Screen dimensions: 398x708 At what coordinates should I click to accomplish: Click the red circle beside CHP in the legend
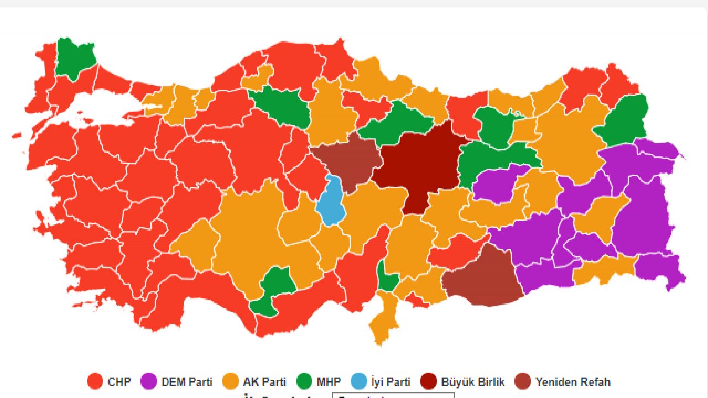(x=96, y=381)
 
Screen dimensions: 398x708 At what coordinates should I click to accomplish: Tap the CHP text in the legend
(x=119, y=381)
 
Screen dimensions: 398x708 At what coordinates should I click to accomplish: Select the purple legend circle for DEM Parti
(x=149, y=381)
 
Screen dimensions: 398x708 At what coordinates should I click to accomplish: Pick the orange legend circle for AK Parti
(x=230, y=381)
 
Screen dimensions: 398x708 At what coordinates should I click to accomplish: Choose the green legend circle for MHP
(x=304, y=381)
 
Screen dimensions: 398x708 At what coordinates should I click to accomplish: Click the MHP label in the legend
(x=329, y=381)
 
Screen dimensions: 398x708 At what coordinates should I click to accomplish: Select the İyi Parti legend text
(x=391, y=381)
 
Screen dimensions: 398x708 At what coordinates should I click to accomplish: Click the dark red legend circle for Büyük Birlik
(x=428, y=381)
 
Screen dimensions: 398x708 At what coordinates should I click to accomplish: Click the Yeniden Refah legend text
(x=573, y=381)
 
